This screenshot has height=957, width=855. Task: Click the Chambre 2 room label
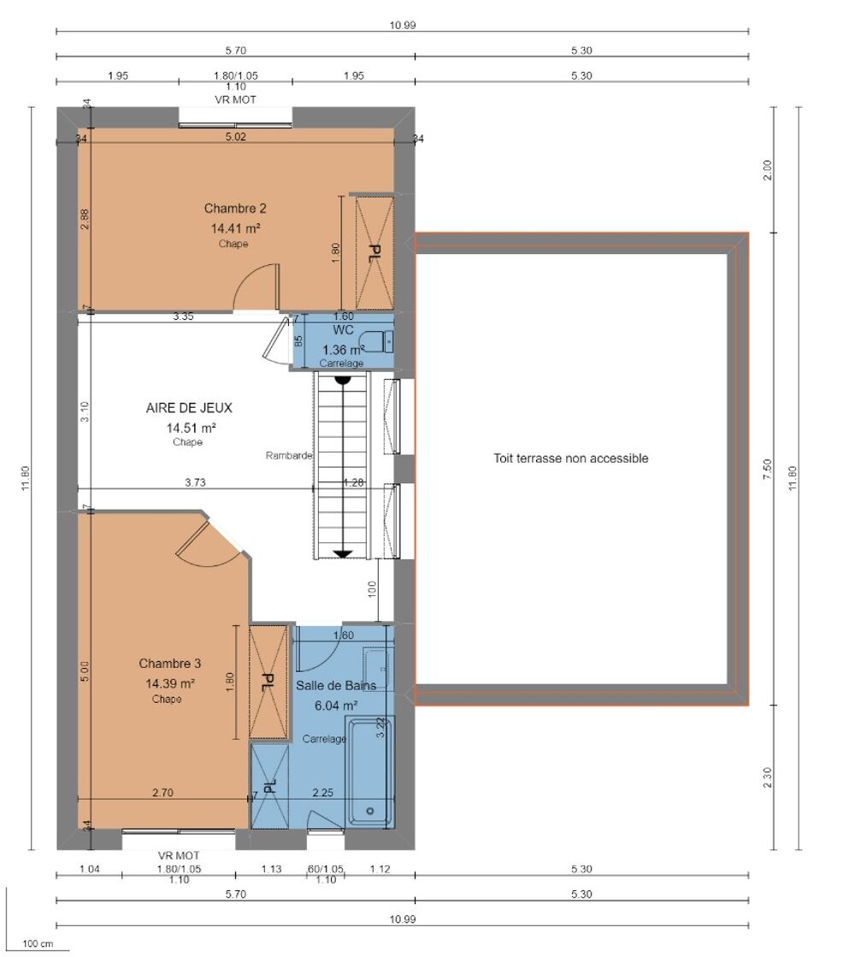pos(231,208)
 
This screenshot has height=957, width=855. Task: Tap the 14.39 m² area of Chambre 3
pos(170,682)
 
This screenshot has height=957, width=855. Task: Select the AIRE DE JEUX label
pos(189,408)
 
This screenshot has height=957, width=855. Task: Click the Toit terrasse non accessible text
pos(570,458)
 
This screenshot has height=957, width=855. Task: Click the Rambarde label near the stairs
pos(289,456)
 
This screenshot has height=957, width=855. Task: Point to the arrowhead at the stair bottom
pos(343,553)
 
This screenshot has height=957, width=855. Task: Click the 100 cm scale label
pos(37,943)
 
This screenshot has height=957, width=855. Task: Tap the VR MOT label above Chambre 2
pos(235,99)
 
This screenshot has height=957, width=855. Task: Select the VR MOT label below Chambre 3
pos(179,855)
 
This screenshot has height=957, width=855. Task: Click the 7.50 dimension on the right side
pos(767,470)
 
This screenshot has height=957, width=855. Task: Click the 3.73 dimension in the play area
pos(195,482)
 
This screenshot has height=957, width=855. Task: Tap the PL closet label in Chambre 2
pos(374,253)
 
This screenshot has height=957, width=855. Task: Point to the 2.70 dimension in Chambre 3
pos(162,793)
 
